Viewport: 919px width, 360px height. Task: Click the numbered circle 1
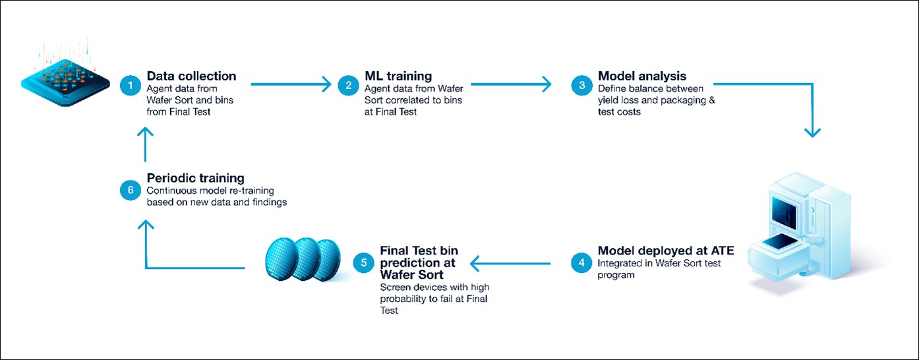131,84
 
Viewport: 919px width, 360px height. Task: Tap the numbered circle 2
348,84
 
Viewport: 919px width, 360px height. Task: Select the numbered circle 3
581,84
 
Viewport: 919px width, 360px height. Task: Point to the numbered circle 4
581,262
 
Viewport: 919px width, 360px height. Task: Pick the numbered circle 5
363,262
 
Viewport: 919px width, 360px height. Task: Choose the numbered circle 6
131,190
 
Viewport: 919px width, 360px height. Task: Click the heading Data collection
191,76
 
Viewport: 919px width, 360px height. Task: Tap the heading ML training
398,76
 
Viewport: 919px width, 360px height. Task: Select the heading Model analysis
642,76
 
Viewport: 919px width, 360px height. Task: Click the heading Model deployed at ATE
665,251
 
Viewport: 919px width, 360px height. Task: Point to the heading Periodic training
195,178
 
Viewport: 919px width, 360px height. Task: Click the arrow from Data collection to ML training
290,84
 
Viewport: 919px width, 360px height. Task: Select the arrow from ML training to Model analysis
510,84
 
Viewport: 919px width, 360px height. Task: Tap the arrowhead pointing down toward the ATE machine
812,132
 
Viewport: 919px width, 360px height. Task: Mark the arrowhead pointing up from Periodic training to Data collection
145,134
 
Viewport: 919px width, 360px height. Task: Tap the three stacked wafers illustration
302,258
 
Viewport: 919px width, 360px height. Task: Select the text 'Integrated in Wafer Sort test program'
659,269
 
